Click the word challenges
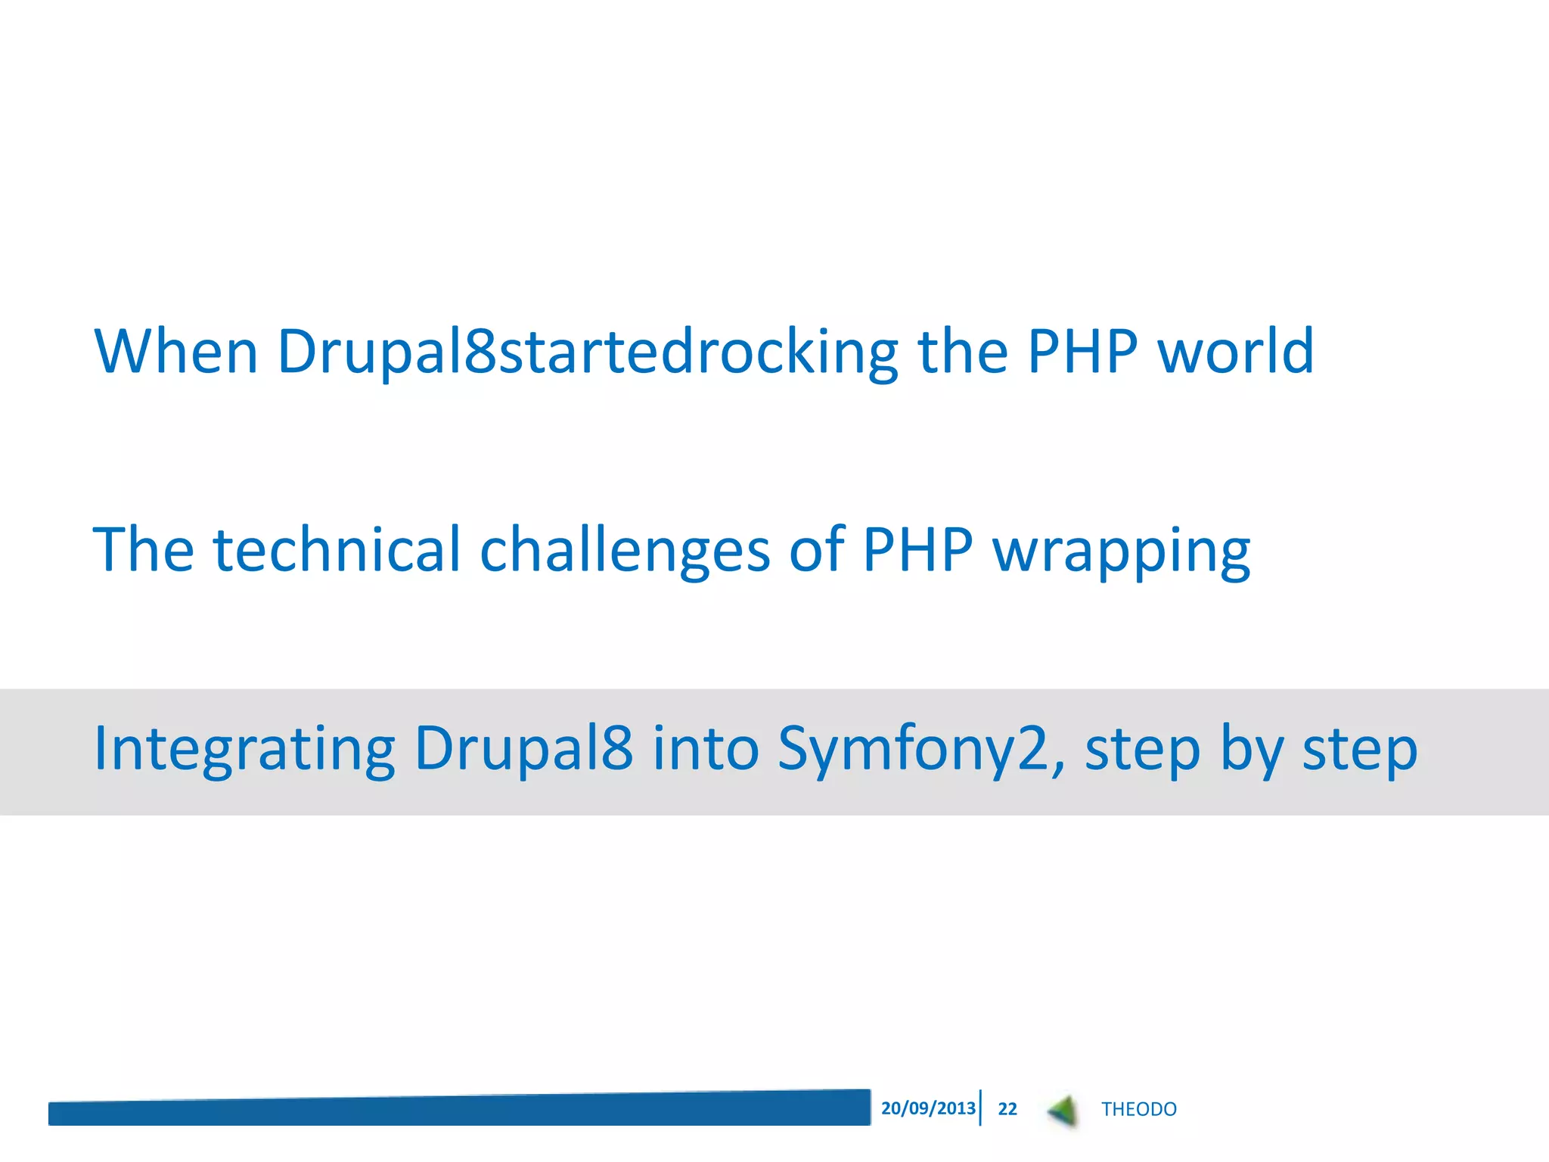pyautogui.click(x=625, y=551)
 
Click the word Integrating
pyautogui.click(x=244, y=749)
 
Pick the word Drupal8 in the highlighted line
pyautogui.click(x=523, y=749)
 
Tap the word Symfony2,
pyautogui.click(x=921, y=749)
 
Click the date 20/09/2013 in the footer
pyautogui.click(x=928, y=1108)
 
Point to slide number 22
pyautogui.click(x=1007, y=1109)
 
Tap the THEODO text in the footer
pyautogui.click(x=1138, y=1109)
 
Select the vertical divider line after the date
pyautogui.click(x=980, y=1108)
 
